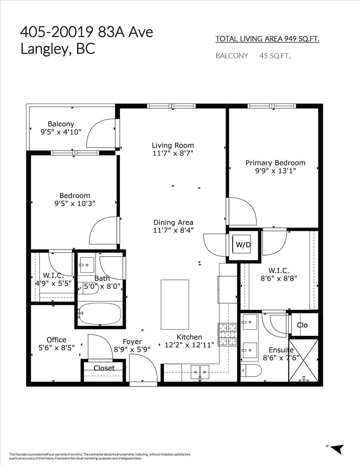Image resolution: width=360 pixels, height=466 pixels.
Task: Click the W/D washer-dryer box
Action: [x=243, y=245]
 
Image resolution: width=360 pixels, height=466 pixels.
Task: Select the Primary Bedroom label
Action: [x=275, y=163]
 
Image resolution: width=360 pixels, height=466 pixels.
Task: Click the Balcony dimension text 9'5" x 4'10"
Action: [x=61, y=132]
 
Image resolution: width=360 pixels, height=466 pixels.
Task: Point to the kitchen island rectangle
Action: [x=175, y=304]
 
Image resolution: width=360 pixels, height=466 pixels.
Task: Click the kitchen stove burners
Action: [x=228, y=334]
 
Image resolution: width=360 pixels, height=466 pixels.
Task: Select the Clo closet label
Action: [x=302, y=325]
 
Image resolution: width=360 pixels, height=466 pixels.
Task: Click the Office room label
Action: [x=56, y=340]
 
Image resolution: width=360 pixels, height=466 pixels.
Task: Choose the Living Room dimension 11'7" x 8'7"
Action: [x=173, y=153]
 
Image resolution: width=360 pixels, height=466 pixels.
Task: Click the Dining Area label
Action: [x=173, y=222]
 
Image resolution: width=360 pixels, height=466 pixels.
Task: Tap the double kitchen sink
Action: [x=200, y=372]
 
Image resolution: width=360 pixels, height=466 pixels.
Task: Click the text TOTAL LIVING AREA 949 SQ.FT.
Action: [x=267, y=39]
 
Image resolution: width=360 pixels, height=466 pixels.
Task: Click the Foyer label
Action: [x=132, y=341]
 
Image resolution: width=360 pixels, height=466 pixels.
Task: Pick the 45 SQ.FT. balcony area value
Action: [x=275, y=56]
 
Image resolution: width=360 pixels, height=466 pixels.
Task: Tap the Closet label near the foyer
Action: [x=104, y=368]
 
